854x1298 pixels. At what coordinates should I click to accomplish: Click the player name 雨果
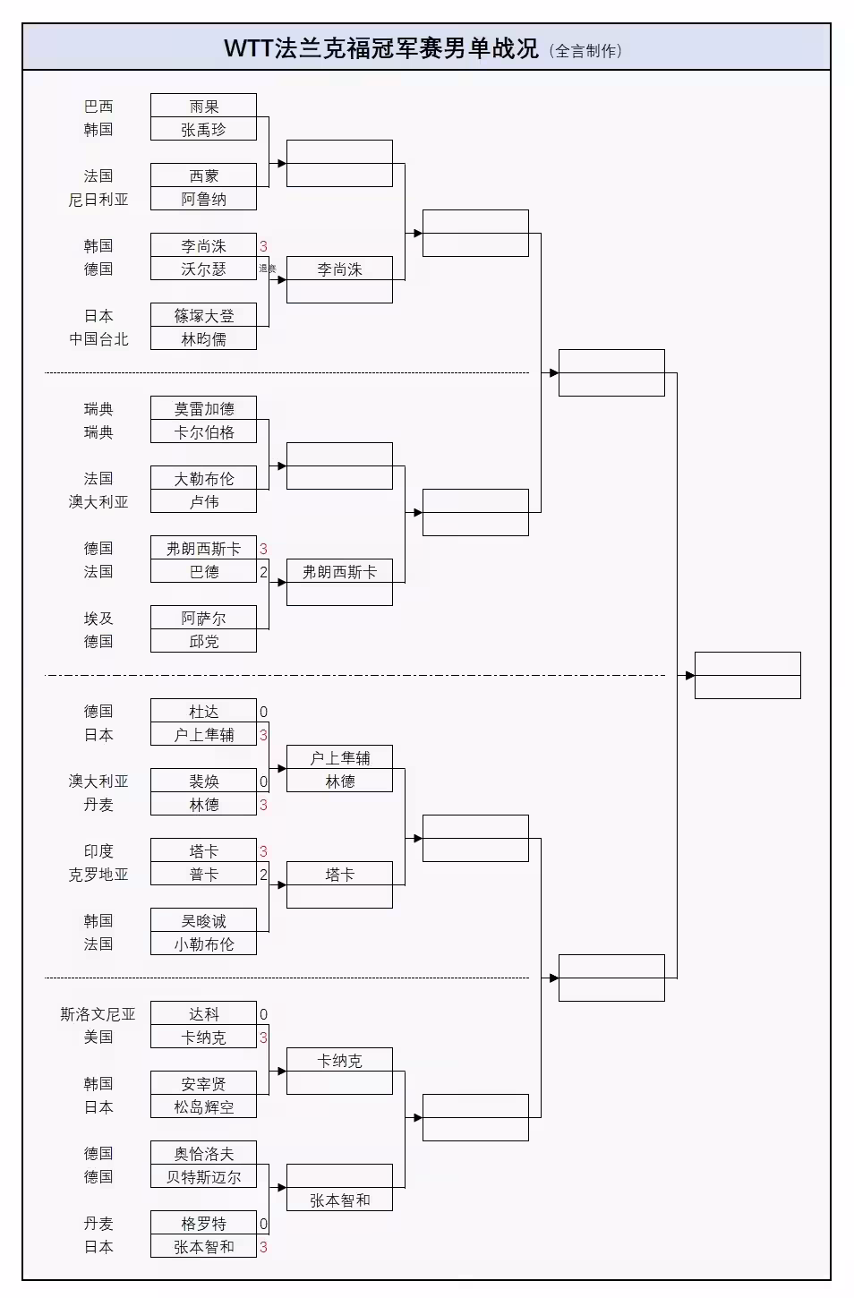click(203, 106)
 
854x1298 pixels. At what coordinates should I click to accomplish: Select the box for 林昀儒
click(203, 338)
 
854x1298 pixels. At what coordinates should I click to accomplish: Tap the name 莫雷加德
click(203, 408)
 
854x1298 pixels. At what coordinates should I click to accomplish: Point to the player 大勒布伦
click(203, 478)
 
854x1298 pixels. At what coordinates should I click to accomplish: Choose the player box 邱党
click(203, 641)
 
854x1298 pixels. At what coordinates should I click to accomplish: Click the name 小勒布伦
click(203, 944)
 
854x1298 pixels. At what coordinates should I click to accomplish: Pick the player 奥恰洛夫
click(203, 1153)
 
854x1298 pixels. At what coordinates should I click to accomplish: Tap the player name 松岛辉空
click(203, 1106)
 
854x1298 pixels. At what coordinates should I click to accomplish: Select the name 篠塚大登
click(203, 315)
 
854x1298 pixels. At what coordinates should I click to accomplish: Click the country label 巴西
click(98, 106)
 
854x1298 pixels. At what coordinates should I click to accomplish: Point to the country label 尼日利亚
click(98, 199)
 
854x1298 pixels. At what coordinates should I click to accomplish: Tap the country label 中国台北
click(98, 338)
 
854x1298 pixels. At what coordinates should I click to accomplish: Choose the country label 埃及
click(98, 618)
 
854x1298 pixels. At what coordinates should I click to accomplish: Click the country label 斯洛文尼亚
click(98, 1013)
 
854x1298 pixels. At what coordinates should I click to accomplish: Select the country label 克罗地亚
click(98, 874)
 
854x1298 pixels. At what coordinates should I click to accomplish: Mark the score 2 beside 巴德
click(263, 572)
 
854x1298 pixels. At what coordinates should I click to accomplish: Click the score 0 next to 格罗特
click(263, 1224)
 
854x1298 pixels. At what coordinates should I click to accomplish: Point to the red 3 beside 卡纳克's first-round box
click(263, 1038)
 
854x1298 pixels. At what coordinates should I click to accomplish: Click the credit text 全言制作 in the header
click(586, 51)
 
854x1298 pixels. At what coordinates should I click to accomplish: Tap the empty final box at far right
click(747, 675)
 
